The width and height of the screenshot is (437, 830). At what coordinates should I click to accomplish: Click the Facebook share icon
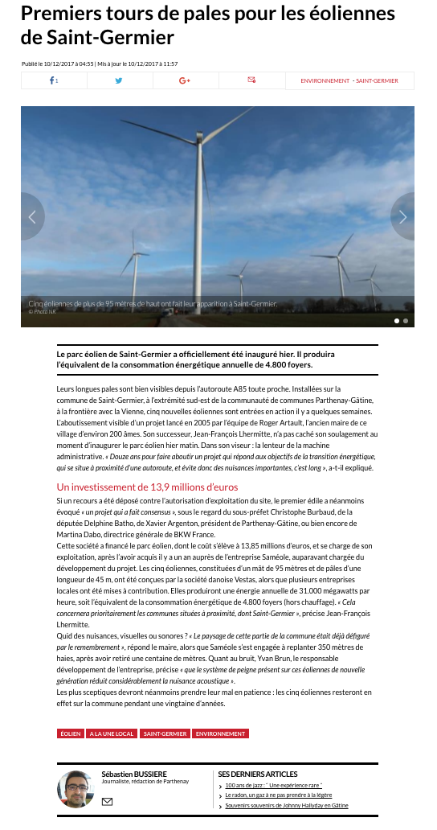(53, 80)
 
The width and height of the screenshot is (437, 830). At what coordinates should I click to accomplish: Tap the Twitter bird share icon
(119, 80)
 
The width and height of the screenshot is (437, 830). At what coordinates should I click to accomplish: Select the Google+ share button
(185, 80)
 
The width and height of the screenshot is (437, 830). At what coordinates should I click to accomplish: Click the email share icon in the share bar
(251, 80)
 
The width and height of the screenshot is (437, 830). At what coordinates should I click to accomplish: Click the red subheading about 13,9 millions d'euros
(147, 487)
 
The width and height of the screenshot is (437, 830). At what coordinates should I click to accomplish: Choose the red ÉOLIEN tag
(70, 733)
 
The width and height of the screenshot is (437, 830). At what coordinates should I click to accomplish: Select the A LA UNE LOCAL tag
(112, 733)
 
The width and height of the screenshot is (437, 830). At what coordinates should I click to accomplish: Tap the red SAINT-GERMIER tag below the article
(165, 733)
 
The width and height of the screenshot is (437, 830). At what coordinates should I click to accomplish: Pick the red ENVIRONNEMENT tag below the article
(220, 733)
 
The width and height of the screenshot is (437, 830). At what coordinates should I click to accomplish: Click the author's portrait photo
(75, 789)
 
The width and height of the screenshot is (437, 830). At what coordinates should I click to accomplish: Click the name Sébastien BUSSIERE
(134, 774)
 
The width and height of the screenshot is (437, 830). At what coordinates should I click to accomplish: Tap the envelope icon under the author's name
(108, 801)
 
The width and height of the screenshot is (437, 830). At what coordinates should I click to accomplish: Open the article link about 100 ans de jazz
(273, 785)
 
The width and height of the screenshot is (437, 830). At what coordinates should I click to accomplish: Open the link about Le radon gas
(278, 795)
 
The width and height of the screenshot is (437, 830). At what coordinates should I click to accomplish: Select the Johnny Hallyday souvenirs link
(286, 805)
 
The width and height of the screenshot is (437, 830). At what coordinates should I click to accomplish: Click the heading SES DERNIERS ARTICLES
(258, 774)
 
